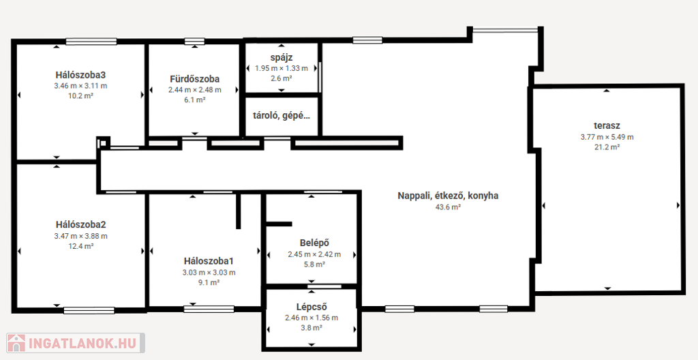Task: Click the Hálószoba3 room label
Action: (80, 74)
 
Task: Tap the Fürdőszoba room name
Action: (194, 79)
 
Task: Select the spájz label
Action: (282, 57)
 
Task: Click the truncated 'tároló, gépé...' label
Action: (282, 116)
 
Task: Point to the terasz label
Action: (607, 125)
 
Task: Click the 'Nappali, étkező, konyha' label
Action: (448, 196)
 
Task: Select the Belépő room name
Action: (314, 243)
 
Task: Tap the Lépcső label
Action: (311, 307)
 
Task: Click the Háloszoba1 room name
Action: (209, 261)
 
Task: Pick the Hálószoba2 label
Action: (80, 224)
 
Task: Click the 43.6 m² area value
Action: (448, 207)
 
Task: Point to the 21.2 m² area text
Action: (607, 147)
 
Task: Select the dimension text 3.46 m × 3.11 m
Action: (80, 85)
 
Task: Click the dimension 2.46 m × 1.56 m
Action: (311, 318)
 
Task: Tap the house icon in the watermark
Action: (16, 343)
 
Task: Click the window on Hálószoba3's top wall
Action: (91, 42)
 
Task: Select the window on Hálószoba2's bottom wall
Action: (89, 310)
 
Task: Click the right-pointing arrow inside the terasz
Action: (678, 205)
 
